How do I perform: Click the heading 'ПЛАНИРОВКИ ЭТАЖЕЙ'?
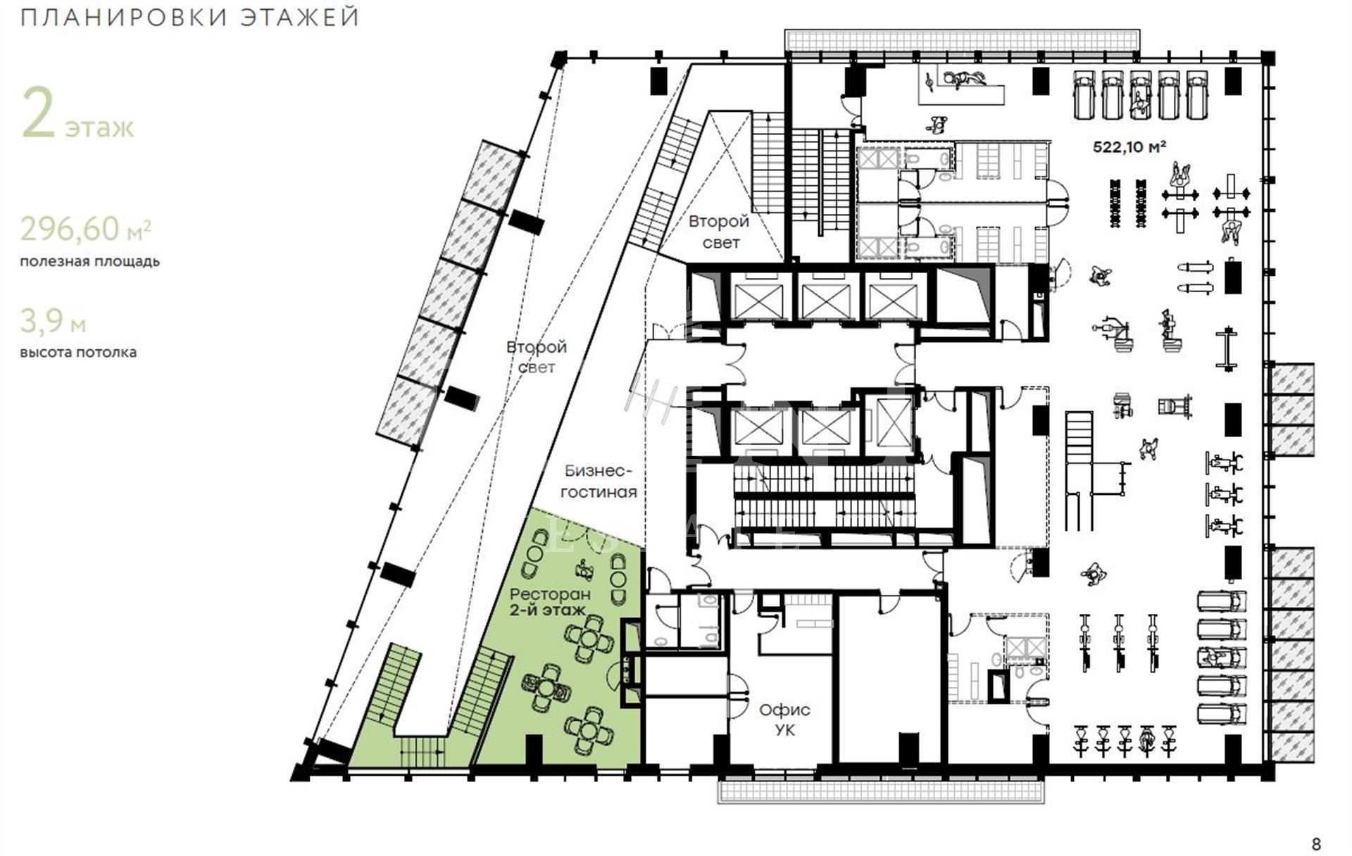point(190,17)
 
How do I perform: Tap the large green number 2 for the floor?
point(38,113)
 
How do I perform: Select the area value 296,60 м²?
point(85,229)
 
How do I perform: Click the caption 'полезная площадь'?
point(89,261)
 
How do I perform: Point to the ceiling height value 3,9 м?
point(53,321)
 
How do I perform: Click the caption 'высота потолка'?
point(78,352)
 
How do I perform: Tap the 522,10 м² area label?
point(1129,146)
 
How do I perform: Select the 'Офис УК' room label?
point(784,719)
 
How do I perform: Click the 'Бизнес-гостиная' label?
point(599,481)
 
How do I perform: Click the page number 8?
point(1316,843)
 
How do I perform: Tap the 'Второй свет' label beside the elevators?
point(719,232)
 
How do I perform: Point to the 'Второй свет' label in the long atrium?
point(537,357)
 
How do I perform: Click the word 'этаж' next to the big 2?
point(99,127)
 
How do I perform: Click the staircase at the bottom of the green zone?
point(423,751)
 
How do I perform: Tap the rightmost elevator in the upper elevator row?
point(893,301)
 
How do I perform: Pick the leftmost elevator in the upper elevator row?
point(758,301)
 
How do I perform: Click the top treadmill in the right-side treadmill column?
point(1222,601)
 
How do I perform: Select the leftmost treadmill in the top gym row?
point(1084,94)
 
